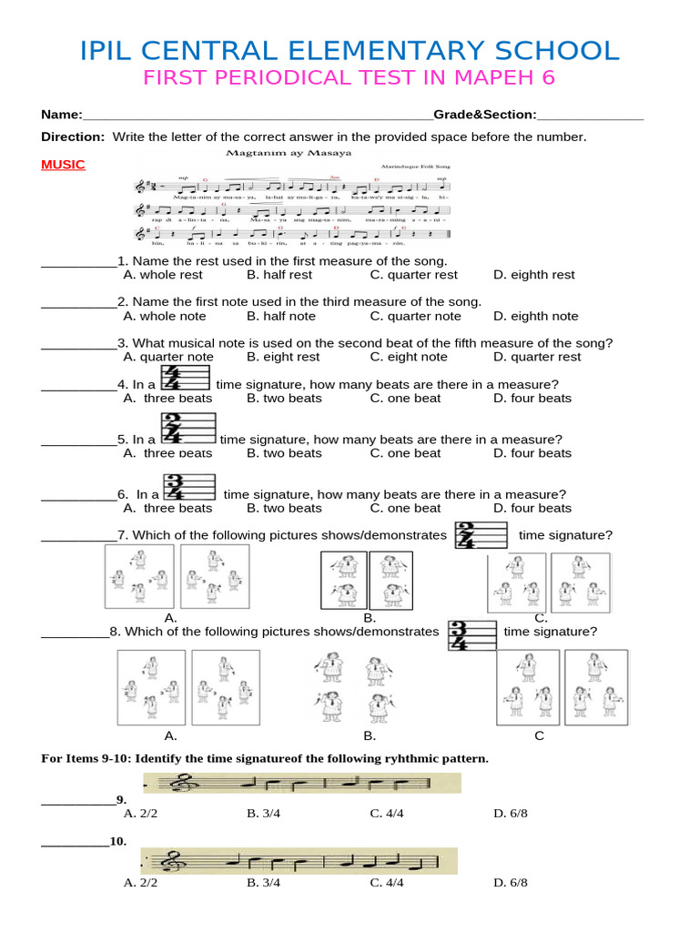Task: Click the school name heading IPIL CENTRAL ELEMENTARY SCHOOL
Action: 349,50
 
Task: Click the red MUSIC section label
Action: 63,165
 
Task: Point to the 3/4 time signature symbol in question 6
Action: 176,486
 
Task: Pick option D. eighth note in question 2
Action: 535,316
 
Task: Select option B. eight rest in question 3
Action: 283,357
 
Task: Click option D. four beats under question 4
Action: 532,398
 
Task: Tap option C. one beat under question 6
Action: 405,508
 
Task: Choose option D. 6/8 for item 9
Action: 511,813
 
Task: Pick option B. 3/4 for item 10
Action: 263,882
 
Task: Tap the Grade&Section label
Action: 484,115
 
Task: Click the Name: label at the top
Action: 61,115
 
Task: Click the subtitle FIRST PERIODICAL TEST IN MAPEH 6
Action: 349,78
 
